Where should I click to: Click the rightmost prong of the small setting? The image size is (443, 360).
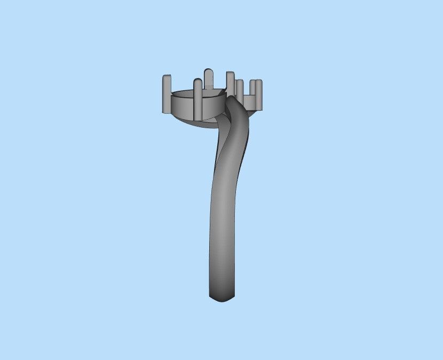coord(259,92)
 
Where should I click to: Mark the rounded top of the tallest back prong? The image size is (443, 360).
coord(208,71)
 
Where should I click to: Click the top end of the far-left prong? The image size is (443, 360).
coord(167,77)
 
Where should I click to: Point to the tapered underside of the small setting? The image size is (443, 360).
coord(251,108)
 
